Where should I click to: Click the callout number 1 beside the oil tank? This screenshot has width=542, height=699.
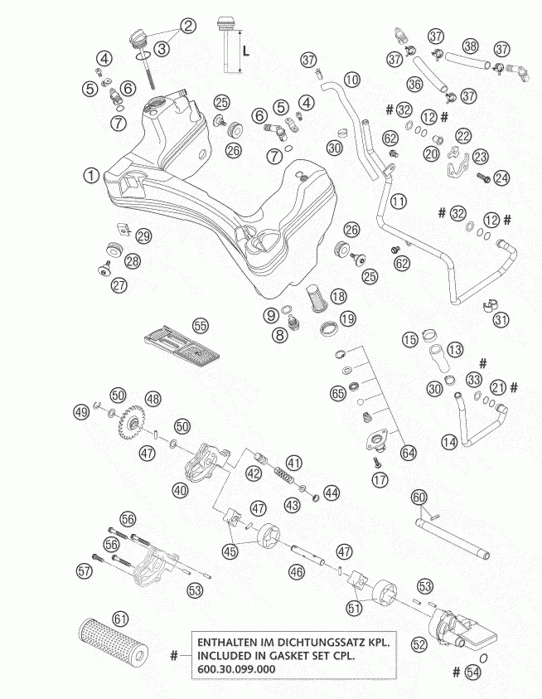click(91, 175)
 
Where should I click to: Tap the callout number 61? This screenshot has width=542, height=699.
click(120, 619)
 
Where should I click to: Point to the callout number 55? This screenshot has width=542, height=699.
click(201, 325)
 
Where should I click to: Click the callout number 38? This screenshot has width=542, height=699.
click(470, 46)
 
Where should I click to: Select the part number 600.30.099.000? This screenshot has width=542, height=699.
click(236, 668)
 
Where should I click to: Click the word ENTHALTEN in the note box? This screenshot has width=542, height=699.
click(226, 643)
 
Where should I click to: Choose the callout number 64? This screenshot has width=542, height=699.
click(408, 453)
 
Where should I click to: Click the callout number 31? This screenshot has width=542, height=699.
click(501, 319)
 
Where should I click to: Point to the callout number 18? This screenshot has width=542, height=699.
click(338, 296)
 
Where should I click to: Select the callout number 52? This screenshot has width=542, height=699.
click(419, 644)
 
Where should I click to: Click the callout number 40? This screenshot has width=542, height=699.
click(181, 490)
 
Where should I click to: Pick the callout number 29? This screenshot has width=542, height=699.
click(143, 235)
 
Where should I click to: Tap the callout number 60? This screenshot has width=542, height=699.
click(419, 497)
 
